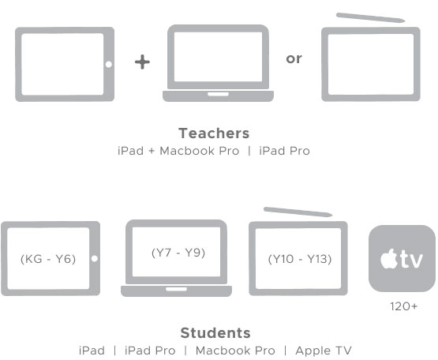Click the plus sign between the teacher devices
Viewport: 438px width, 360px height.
click(143, 62)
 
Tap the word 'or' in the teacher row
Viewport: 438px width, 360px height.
click(294, 58)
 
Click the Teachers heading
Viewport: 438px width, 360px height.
click(214, 133)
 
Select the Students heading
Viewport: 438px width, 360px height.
click(215, 332)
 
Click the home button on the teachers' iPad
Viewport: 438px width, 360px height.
click(109, 64)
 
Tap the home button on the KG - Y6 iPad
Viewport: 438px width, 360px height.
click(95, 258)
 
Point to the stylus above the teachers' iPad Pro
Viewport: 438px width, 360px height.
click(370, 17)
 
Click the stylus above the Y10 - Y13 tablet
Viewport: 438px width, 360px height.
click(298, 212)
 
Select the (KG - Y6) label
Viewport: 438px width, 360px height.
click(48, 259)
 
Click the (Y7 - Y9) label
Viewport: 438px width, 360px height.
click(178, 253)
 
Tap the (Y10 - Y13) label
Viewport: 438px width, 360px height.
click(300, 259)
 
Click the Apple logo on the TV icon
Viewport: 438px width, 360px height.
click(389, 258)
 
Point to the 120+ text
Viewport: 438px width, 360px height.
click(403, 306)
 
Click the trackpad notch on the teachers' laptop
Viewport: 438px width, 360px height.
click(218, 94)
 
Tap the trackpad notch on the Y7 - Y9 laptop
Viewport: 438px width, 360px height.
click(176, 289)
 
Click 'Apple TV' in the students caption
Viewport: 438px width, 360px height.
click(324, 351)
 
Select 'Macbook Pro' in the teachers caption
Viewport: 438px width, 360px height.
click(200, 151)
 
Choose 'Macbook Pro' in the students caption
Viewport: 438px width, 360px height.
click(235, 351)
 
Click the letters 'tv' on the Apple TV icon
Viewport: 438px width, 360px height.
click(410, 260)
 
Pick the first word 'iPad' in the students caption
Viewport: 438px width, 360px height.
click(92, 351)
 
